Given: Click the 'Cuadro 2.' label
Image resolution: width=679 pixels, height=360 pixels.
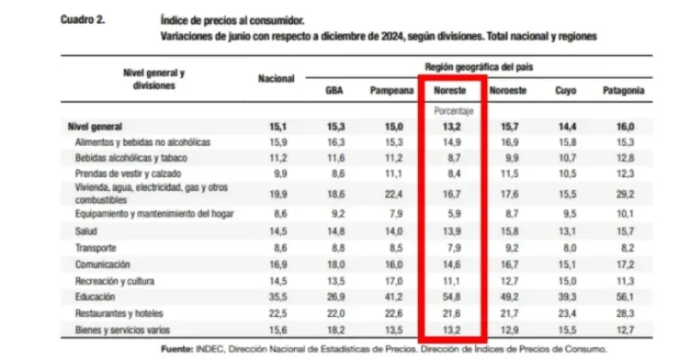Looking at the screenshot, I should pos(83,18).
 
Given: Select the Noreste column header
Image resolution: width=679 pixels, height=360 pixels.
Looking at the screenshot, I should pos(450,89).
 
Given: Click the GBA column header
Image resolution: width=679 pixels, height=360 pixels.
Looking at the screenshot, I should pos(336,89).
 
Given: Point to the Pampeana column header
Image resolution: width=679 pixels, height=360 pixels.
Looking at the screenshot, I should pos(390,89).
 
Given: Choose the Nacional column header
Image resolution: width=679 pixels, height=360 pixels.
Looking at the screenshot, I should pos(277,78).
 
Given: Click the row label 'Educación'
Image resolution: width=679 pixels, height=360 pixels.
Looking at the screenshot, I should pos(95,296).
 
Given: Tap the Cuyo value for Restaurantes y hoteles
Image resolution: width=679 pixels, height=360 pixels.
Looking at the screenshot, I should pos(566,312).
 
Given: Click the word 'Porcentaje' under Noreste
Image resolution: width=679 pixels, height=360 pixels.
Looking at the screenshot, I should pos(450,111).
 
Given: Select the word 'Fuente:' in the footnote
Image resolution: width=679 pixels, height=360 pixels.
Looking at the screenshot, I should pos(181,349).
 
